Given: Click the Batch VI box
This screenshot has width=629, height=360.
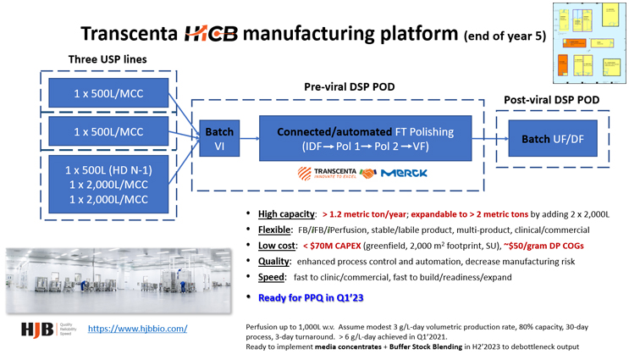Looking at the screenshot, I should [219, 139].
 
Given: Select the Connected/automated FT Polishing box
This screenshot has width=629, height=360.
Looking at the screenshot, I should [365, 139].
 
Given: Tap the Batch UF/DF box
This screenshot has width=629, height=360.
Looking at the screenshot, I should [552, 139].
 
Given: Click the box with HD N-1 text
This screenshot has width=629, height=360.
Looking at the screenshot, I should [110, 185].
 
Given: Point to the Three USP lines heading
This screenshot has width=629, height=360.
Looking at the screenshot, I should [107, 59].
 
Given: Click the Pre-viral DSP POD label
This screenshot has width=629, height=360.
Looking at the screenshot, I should [349, 87].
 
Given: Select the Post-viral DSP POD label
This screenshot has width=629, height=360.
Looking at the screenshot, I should [551, 100].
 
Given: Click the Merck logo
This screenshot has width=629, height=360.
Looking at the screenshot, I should [404, 173].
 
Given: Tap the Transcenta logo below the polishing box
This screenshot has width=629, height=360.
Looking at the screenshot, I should [328, 173].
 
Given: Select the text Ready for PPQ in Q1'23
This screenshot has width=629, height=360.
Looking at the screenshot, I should [311, 297].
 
